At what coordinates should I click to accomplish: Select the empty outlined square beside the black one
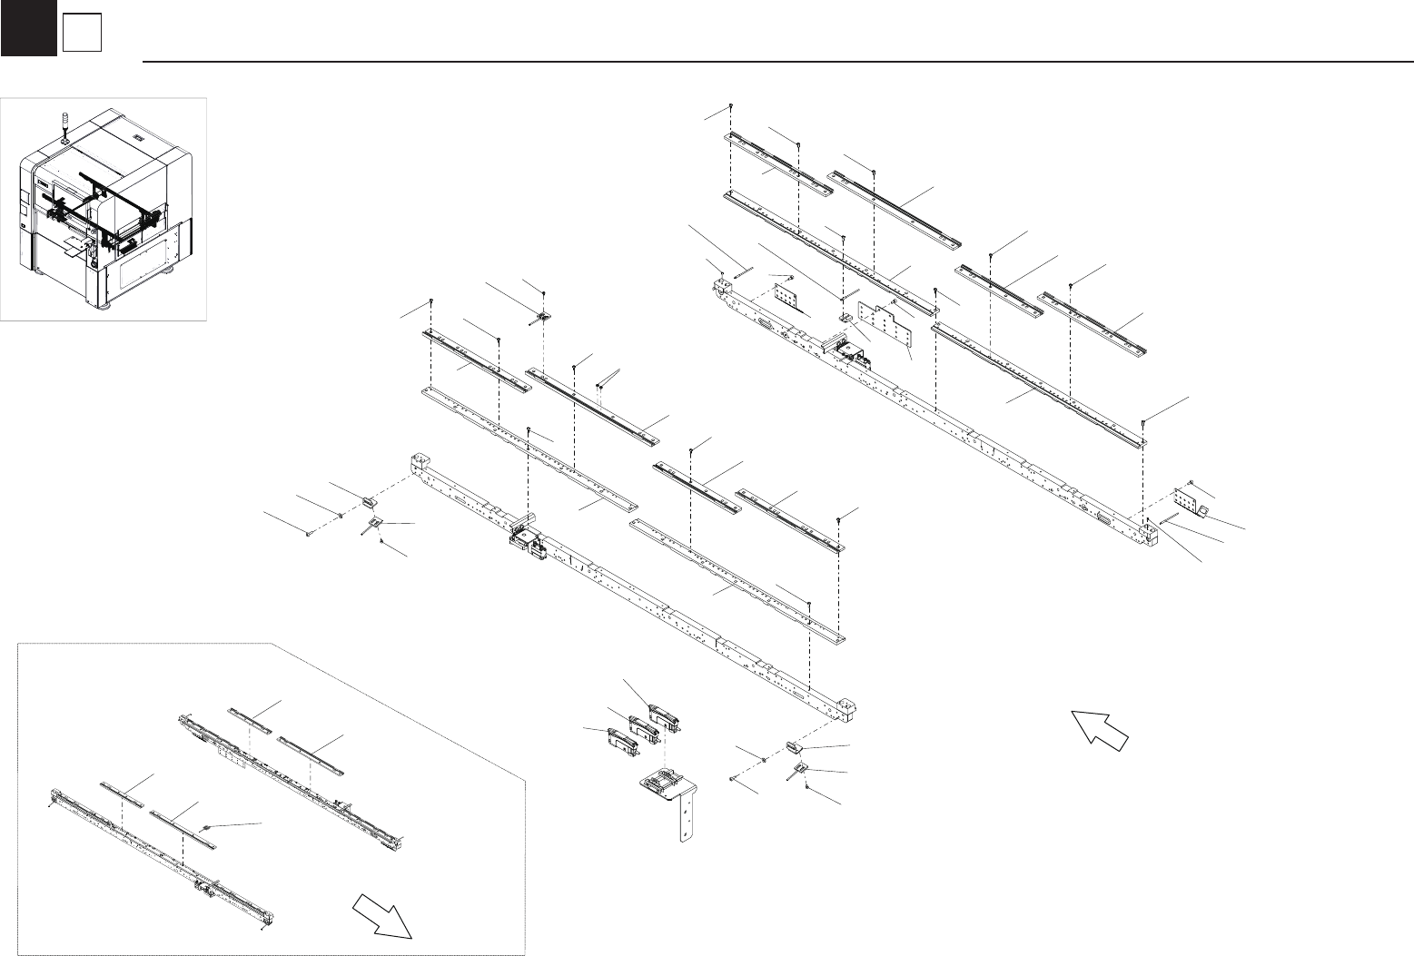tap(81, 34)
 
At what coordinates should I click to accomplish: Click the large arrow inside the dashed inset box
tap(383, 914)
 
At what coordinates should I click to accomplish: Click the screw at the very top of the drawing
tap(730, 107)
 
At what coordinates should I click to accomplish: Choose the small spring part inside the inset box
tap(208, 826)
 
